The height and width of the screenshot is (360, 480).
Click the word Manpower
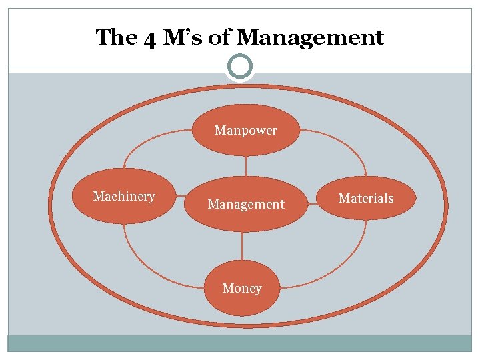point(246,131)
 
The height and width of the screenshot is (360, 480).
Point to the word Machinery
point(124,196)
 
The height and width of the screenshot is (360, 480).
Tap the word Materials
point(366,198)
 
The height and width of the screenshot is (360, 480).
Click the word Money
point(241,288)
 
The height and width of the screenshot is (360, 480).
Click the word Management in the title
point(310,38)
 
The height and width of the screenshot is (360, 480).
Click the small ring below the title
point(240,67)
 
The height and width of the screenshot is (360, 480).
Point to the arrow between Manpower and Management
point(246,165)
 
